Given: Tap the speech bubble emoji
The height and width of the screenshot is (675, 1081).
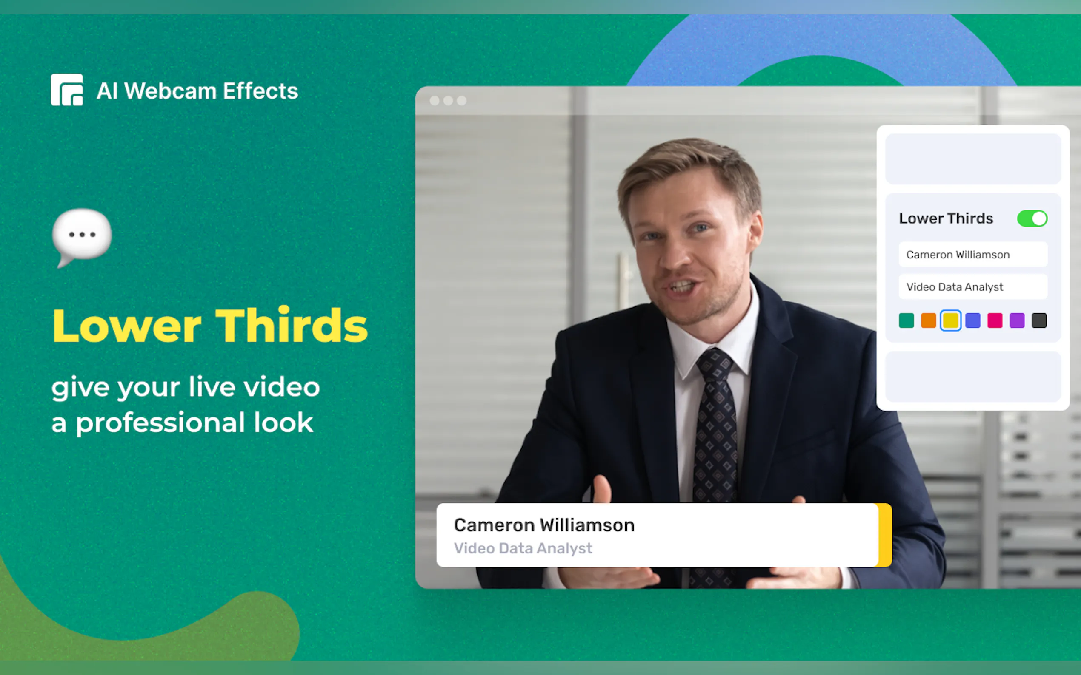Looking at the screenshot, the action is [x=82, y=237].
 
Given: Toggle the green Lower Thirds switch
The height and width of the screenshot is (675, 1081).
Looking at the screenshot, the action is [x=1032, y=219].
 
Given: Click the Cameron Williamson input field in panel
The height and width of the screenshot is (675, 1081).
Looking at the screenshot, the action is [x=973, y=255].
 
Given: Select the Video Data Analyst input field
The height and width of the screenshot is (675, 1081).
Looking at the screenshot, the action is [x=973, y=286].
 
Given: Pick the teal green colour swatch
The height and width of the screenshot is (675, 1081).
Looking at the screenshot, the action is [x=906, y=320].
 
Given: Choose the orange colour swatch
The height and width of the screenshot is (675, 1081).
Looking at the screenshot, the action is [x=929, y=320].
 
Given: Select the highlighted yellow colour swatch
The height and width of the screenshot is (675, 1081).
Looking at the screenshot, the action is [x=950, y=320].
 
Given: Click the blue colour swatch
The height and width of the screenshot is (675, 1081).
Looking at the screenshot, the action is [x=973, y=320].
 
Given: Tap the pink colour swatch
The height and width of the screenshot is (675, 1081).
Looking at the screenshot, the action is [x=995, y=320].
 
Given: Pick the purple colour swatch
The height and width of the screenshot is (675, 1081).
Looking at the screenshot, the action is [x=1017, y=320].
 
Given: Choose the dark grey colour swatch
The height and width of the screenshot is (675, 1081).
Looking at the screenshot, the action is [x=1039, y=320].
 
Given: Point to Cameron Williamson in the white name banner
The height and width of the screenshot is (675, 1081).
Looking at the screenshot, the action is [x=544, y=525].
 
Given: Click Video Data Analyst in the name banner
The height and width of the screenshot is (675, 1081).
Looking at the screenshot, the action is [x=523, y=548].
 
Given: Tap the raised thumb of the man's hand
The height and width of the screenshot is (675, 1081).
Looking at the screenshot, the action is [x=602, y=489].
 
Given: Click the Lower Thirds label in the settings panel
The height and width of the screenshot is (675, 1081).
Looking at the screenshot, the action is [x=946, y=218].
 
